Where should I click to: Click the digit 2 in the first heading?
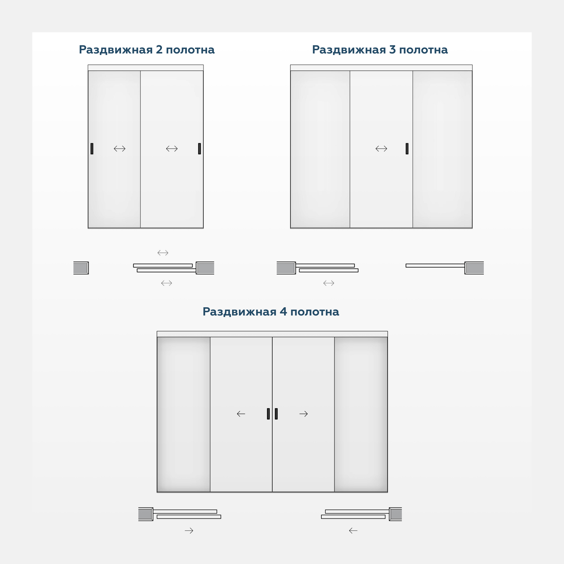pos(159,50)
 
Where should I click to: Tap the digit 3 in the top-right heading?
pos(392,50)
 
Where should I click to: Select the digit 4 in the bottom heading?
pos(283,311)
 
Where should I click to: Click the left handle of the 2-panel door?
pos(92,149)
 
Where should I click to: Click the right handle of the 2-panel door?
pos(199,149)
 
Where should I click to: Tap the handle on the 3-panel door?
pos(407,149)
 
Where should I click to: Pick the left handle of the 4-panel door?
pos(268,414)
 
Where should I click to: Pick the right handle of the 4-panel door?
pos(276,414)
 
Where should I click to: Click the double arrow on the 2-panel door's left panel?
pos(120,149)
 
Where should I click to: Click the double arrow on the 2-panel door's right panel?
pos(172,149)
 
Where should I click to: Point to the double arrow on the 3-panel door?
pos(381,149)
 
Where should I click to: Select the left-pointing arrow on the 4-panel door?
pos(241,414)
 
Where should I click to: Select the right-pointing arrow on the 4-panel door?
pos(304,414)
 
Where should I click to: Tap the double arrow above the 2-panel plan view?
pos(163,253)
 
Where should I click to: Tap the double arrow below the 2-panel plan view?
pos(167,283)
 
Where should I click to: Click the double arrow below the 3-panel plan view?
pos(329,283)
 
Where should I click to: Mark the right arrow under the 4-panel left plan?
pos(189,531)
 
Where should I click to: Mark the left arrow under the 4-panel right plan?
pos(353,531)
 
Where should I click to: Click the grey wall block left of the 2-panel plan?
pos(81,268)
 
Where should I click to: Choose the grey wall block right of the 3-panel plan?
pos(474,268)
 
